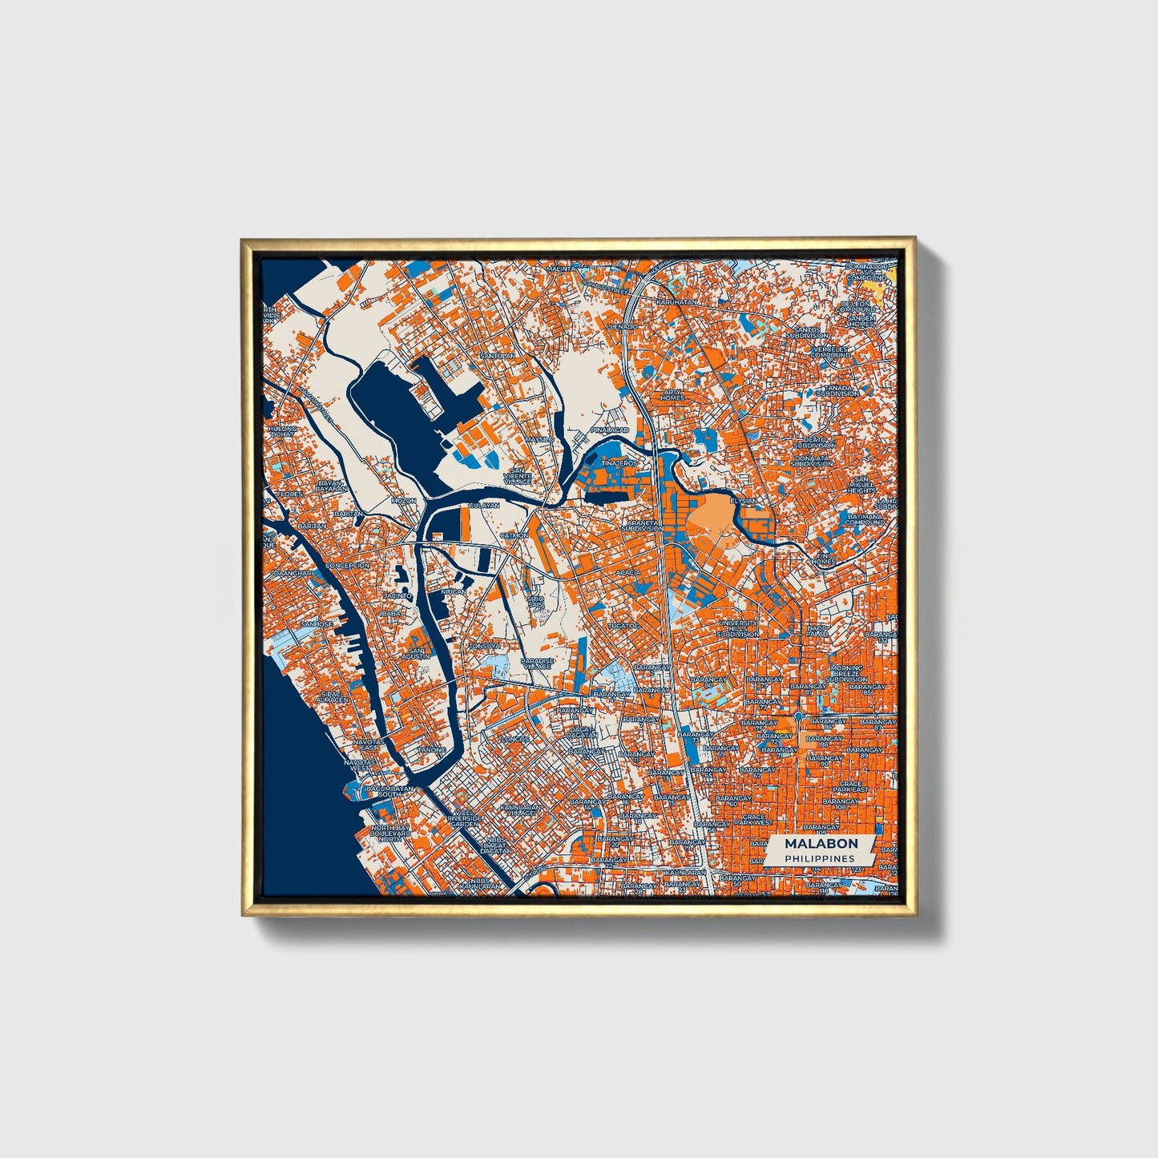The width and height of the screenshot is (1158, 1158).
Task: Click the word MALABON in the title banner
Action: (821, 843)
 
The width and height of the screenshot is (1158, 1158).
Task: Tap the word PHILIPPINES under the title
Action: (819, 858)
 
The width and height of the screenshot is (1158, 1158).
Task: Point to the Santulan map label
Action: (495, 355)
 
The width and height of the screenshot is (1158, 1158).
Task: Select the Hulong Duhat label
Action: (282, 432)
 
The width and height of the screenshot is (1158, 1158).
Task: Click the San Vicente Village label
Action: (517, 476)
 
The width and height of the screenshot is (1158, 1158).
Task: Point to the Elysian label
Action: (744, 500)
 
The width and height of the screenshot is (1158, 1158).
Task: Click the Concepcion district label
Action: (347, 565)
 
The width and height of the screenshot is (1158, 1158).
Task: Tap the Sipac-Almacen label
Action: (333, 696)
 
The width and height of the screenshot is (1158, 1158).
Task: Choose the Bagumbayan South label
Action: (389, 792)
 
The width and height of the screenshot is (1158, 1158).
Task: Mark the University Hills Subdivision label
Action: (738, 627)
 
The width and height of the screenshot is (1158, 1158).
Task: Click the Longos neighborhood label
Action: (514, 738)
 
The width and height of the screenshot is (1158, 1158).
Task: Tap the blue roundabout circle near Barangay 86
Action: (799, 715)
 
